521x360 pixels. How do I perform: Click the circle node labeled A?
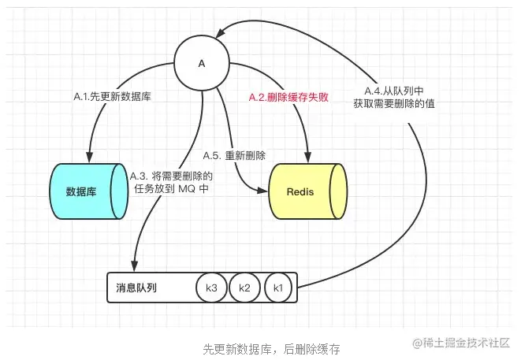tap(202, 62)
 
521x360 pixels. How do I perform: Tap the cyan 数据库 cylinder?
tap(87, 191)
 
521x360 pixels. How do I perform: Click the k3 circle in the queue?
tap(211, 288)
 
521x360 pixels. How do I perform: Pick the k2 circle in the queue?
tap(244, 288)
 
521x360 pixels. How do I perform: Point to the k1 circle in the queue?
tap(277, 288)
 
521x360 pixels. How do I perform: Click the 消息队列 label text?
tap(136, 288)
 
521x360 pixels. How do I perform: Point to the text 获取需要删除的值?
tap(396, 103)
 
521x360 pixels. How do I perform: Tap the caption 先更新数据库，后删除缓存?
tap(260, 347)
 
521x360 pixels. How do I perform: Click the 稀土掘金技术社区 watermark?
tap(459, 343)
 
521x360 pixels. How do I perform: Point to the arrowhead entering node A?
tap(223, 32)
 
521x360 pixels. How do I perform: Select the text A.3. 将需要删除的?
tap(172, 174)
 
